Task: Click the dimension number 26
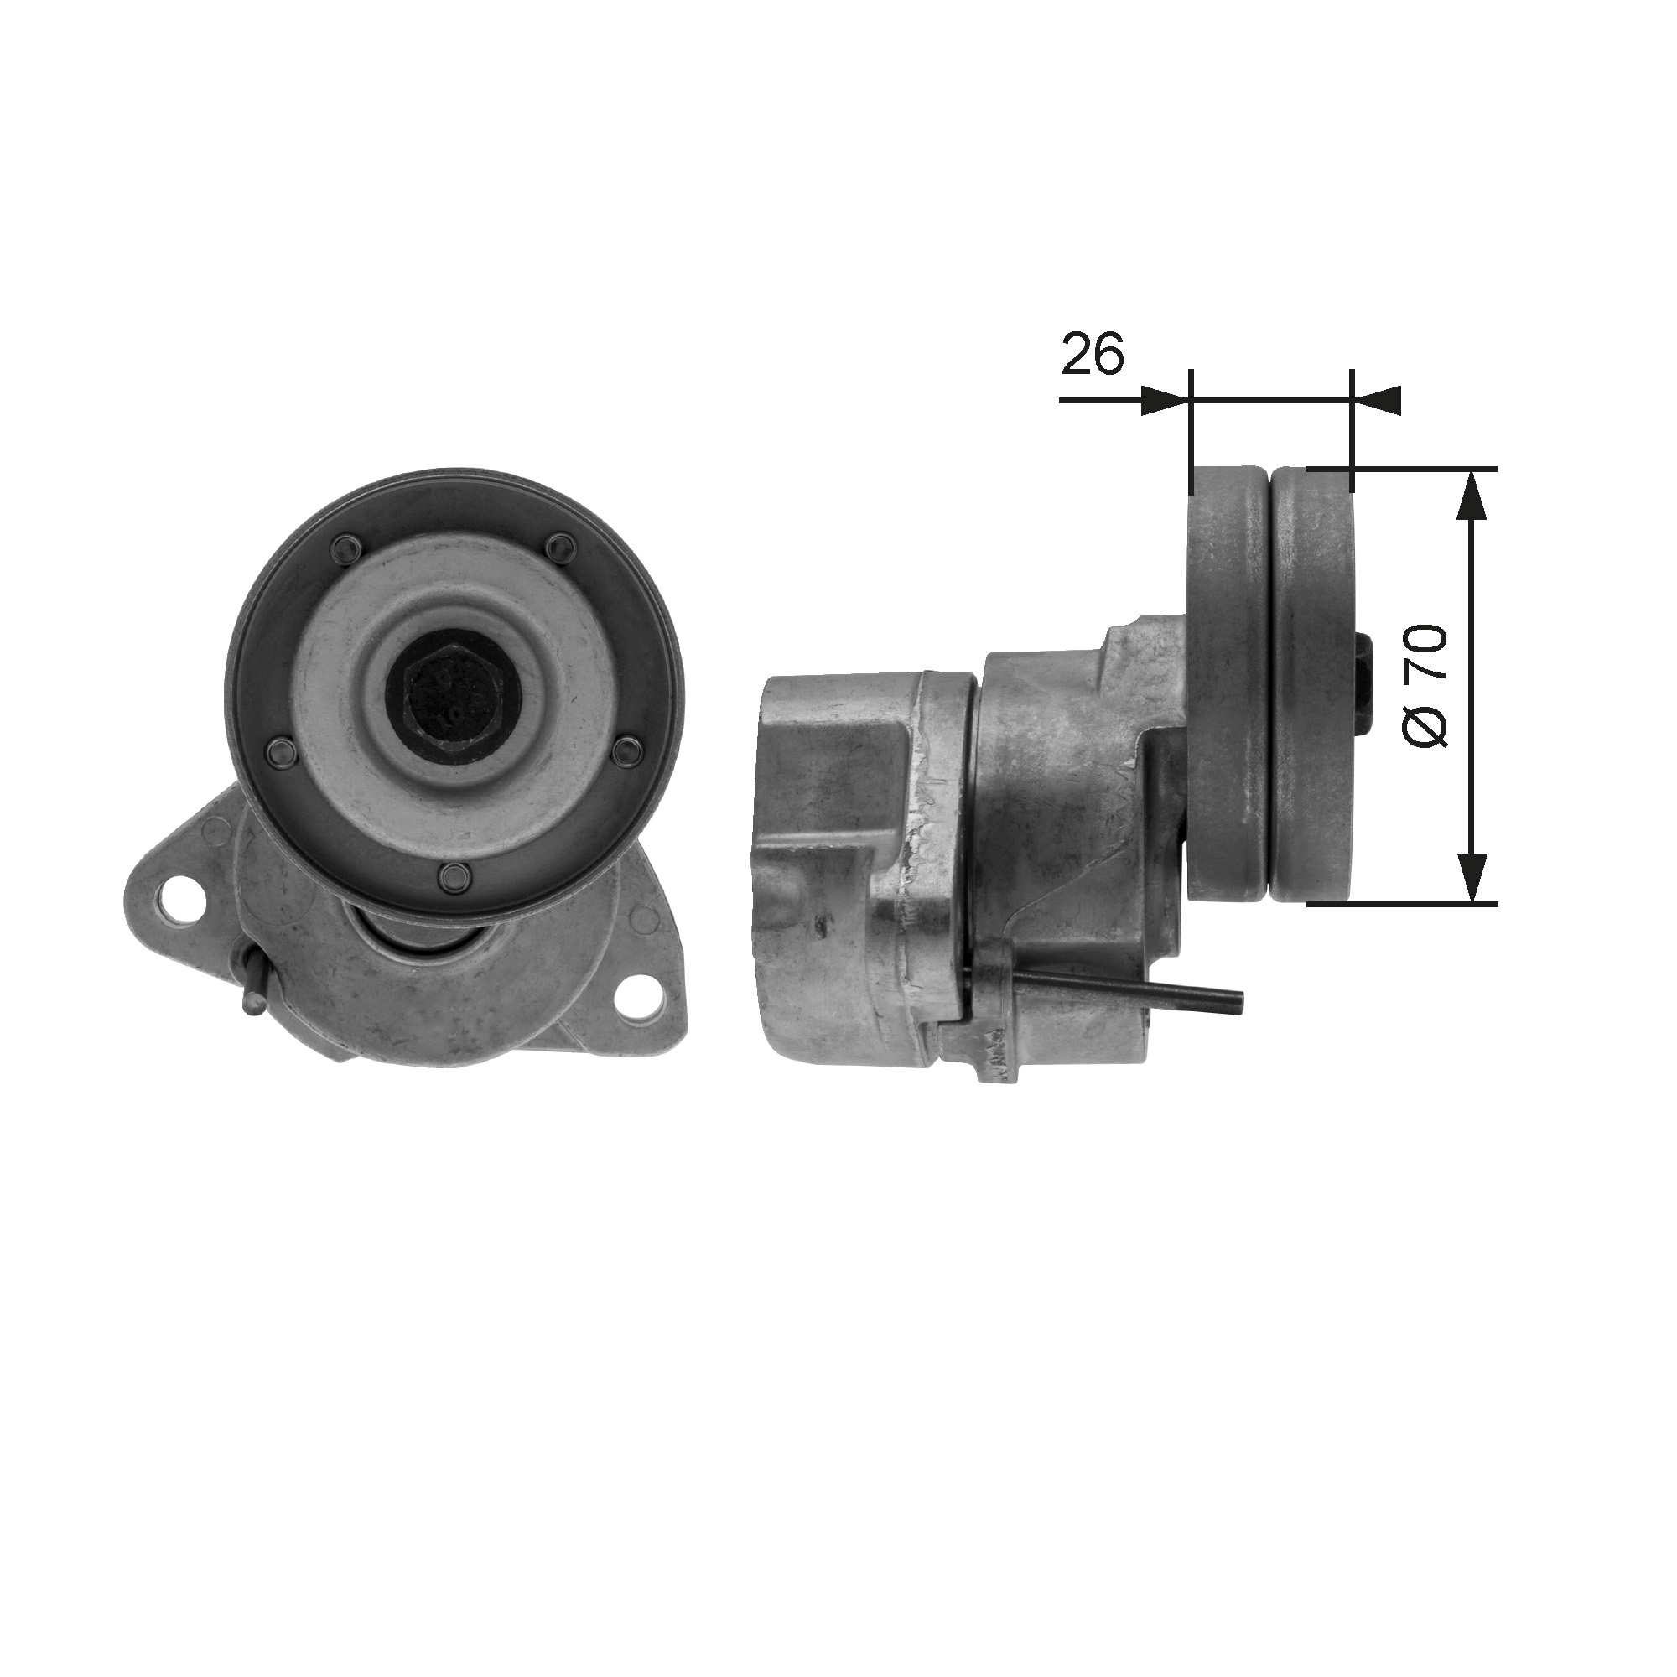(1093, 354)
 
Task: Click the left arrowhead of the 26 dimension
(1164, 400)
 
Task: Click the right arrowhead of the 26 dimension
(1378, 400)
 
